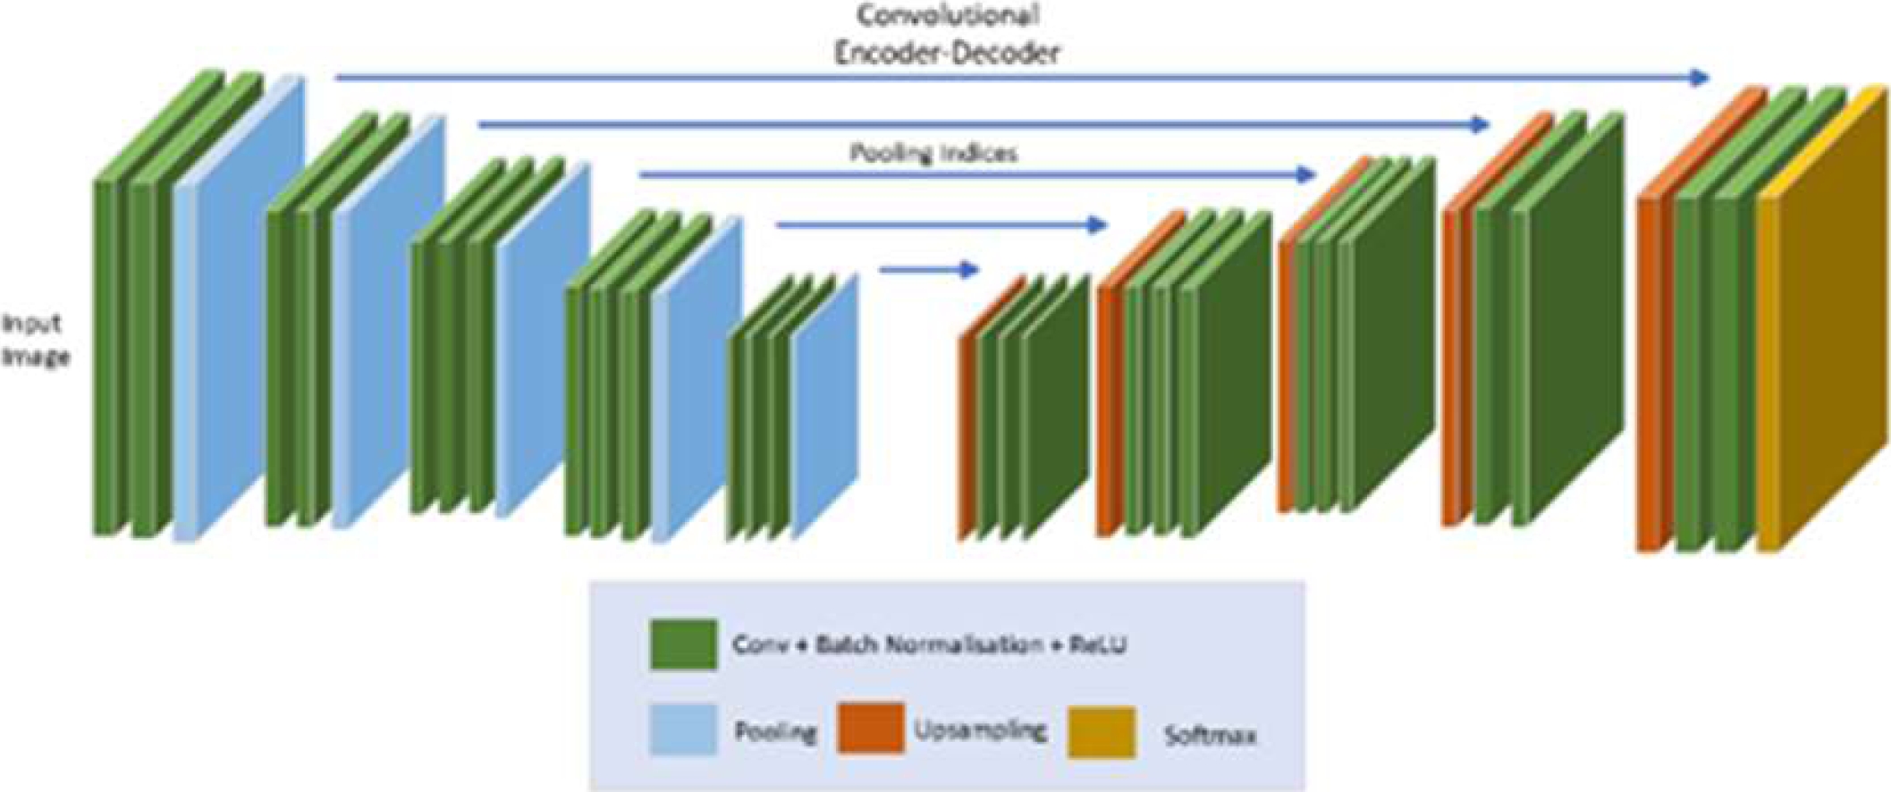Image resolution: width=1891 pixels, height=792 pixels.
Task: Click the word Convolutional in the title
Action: (948, 15)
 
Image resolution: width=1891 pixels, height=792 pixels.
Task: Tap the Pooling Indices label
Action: (933, 153)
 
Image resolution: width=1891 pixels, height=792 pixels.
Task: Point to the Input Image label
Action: (34, 341)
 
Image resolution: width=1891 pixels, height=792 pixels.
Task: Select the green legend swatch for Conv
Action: (683, 645)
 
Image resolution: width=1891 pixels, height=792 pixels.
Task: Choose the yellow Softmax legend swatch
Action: (1102, 732)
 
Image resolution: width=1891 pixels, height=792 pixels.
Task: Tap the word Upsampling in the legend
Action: (980, 730)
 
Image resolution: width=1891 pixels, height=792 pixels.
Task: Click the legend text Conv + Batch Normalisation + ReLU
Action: (929, 645)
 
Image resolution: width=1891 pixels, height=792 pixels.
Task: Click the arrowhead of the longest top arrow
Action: (1699, 78)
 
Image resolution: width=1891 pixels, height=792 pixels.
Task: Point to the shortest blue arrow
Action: (930, 268)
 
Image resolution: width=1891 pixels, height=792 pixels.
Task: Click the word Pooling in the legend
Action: (775, 732)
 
